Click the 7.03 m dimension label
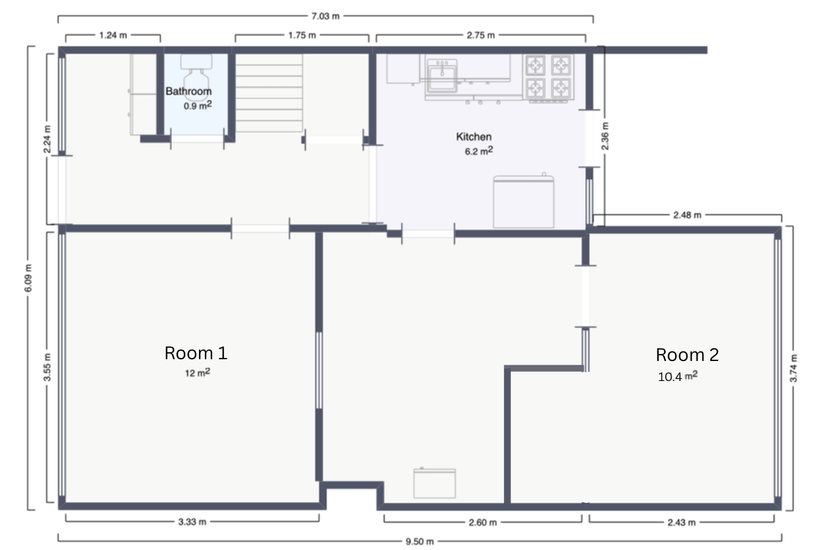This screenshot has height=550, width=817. point(326,16)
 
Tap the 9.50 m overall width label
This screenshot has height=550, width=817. point(420,542)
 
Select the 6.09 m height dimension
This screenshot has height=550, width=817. point(28,278)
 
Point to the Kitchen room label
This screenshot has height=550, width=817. point(474,137)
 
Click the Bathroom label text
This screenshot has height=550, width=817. point(188,91)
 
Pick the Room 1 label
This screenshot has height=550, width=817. point(196,353)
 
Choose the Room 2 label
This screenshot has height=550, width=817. point(687,354)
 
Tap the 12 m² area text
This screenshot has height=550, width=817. point(197,373)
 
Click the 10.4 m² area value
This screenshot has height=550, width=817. point(677,376)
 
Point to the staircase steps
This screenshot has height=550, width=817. point(269,93)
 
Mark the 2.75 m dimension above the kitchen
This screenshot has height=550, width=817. point(481,35)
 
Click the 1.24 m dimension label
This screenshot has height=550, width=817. point(113,35)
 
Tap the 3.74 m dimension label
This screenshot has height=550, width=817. point(793,368)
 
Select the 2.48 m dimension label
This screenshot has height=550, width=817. point(687,215)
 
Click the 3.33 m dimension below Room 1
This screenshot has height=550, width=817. point(192,522)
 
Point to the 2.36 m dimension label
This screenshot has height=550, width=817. point(605,136)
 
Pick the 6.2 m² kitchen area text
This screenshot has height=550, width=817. point(479,151)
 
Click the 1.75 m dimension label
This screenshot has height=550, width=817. point(302,35)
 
